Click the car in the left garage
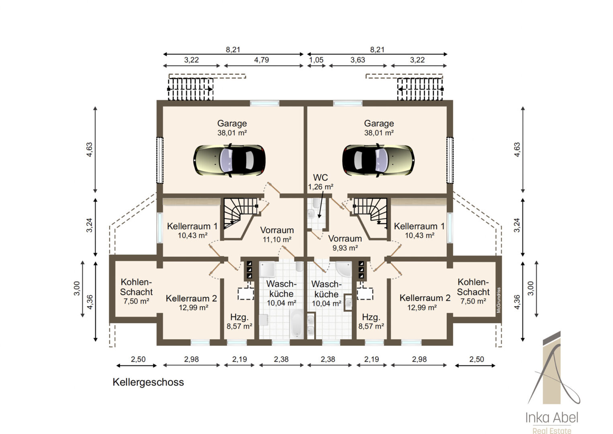tap(229, 160)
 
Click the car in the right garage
tap(378, 160)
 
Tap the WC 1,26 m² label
tap(321, 182)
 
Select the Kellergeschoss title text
tap(148, 382)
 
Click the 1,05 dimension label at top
tap(317, 60)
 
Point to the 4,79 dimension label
tap(262, 60)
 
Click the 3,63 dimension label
tap(358, 60)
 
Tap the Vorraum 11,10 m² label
tap(277, 235)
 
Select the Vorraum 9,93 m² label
tap(345, 243)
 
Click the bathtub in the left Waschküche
tap(296, 324)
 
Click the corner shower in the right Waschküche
tap(344, 268)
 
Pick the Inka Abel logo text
tap(552, 418)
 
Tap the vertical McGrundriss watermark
tap(499, 300)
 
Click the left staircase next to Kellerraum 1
tap(240, 213)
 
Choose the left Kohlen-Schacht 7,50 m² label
tap(136, 291)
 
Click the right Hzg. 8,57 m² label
tap(371, 321)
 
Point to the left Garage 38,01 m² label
tap(232, 128)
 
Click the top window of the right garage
tap(347, 103)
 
